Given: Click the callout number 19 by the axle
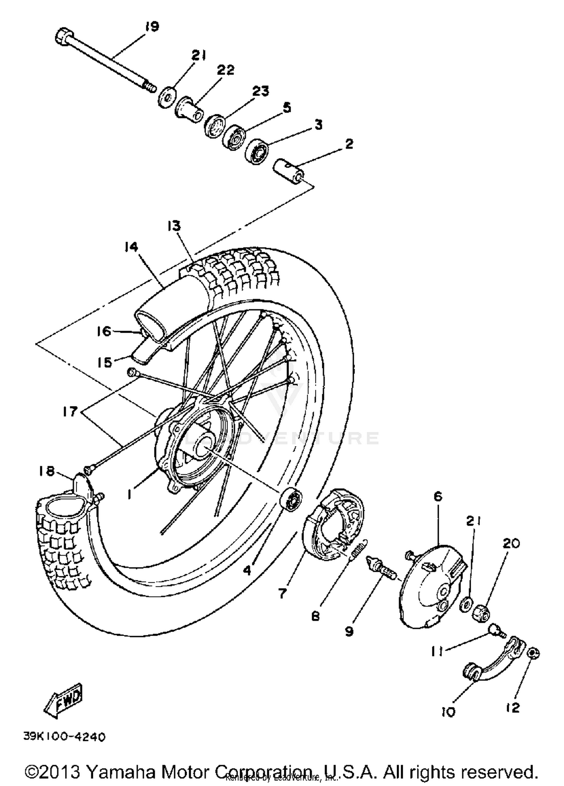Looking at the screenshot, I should click(x=152, y=27).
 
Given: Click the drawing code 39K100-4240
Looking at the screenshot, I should click(x=64, y=737).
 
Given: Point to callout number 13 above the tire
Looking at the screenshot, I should click(x=174, y=226).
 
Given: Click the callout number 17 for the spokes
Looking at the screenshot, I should click(x=70, y=411).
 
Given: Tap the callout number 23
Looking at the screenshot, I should click(x=261, y=91).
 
